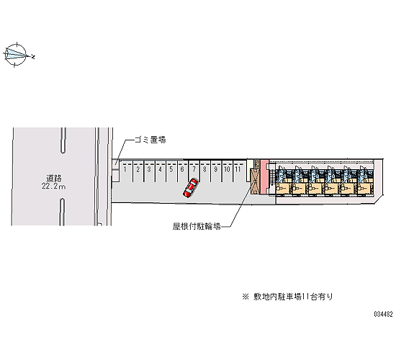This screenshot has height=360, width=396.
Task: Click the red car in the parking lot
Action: [190, 187]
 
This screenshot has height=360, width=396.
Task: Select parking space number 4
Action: [161, 171]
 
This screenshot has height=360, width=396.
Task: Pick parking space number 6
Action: [183, 171]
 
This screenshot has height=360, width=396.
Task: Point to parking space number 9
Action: [216, 171]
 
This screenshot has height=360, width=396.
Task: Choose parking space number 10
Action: [227, 171]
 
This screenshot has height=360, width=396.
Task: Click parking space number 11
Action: [238, 171]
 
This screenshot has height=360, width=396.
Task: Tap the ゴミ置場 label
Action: [150, 140]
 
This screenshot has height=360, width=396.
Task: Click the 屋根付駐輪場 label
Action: [197, 226]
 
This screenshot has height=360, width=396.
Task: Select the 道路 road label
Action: [54, 178]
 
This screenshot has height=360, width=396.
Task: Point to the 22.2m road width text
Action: [53, 186]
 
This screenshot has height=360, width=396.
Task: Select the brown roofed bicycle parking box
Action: [255, 181]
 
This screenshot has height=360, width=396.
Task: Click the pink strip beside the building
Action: [264, 176]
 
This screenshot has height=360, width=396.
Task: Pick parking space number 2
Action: [138, 171]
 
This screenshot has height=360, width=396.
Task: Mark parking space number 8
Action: [205, 171]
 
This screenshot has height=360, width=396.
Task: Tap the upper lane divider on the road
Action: [63, 140]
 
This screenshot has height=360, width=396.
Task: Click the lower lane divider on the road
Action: [62, 212]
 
